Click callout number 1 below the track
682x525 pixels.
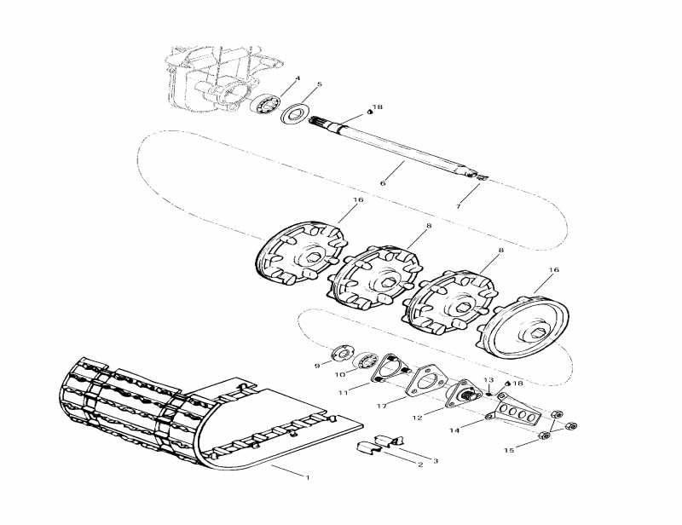coord(307,477)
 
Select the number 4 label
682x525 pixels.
coord(298,79)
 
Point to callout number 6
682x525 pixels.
coord(383,183)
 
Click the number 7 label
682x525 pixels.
coord(458,207)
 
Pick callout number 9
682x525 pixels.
coord(316,366)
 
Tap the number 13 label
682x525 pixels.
coord(488,379)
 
